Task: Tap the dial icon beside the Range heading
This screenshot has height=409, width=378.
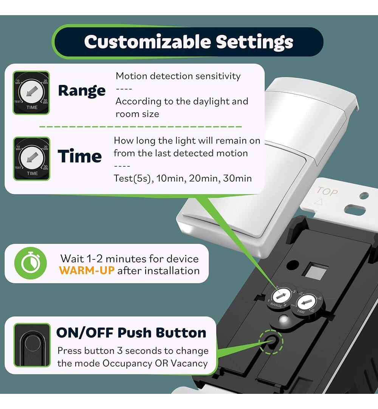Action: pos(31,93)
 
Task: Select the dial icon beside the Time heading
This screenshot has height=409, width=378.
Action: pos(31,159)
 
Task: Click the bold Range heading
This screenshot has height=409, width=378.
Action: pos(82,91)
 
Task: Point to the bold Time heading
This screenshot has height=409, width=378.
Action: pos(80,156)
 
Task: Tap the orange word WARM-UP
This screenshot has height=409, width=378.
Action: pos(87,271)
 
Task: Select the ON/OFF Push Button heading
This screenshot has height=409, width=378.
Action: pos(131,333)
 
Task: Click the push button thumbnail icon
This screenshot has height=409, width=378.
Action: pos(32,345)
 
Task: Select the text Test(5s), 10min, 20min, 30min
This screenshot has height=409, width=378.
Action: pos(183,178)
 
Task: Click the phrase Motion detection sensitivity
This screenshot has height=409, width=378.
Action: pos(178,76)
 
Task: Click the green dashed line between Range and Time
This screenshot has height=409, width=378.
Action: pos(140,126)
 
